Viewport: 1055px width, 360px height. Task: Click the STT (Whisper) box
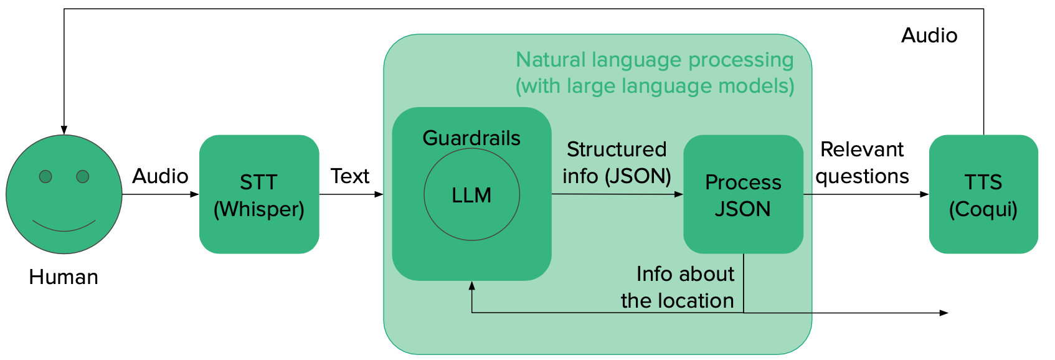(x=259, y=194)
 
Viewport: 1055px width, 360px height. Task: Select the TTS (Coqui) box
(x=983, y=194)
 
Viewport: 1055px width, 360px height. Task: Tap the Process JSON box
(x=743, y=194)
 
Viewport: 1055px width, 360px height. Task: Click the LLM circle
(x=471, y=195)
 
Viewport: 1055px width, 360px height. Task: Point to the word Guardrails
(x=471, y=138)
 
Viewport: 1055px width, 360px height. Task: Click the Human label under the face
(x=64, y=277)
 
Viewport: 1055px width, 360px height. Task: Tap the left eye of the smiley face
(x=45, y=177)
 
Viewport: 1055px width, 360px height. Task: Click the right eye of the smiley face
(x=83, y=177)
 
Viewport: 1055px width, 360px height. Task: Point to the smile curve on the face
(x=64, y=228)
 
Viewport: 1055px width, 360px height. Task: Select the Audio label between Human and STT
(x=160, y=176)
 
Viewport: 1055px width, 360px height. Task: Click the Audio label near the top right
(x=929, y=36)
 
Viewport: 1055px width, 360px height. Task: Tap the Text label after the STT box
(x=350, y=176)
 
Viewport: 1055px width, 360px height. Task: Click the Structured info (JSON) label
(x=617, y=163)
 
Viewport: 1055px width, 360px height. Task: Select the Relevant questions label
(x=862, y=163)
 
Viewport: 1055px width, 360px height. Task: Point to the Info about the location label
(x=679, y=287)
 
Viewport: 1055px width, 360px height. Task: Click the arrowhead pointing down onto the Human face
(x=64, y=130)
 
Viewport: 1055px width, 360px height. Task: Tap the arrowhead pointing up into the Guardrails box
(x=472, y=285)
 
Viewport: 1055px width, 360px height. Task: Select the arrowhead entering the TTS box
(x=925, y=194)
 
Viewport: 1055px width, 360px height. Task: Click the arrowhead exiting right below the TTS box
(x=944, y=313)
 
